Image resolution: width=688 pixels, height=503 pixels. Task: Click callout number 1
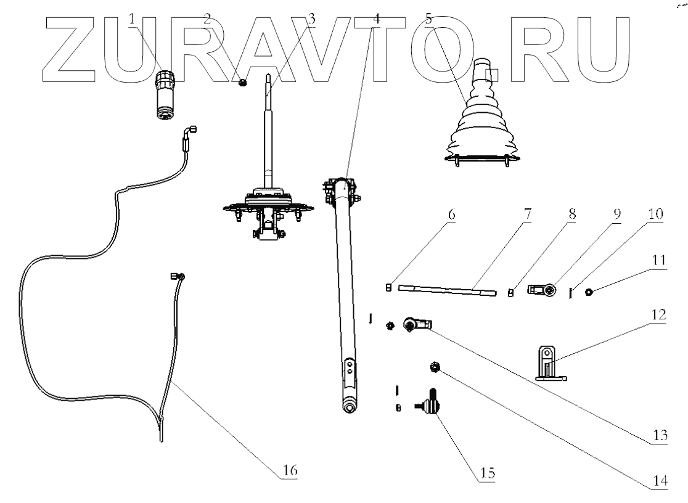click(133, 19)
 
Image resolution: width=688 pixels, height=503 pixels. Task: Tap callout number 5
click(428, 19)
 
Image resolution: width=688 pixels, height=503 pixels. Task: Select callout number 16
click(290, 470)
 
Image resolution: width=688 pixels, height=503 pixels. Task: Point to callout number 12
click(659, 315)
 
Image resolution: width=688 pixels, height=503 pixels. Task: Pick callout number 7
click(528, 214)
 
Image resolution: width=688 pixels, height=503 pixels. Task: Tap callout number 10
click(655, 214)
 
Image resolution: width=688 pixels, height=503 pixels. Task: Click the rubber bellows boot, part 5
click(481, 113)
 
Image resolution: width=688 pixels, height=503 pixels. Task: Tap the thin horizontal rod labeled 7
click(447, 290)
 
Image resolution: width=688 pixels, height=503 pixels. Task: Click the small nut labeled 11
click(589, 292)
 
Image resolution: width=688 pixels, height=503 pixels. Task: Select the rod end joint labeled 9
click(543, 290)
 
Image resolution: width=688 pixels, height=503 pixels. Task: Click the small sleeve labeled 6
click(388, 287)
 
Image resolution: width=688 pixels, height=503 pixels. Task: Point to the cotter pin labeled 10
click(571, 293)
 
